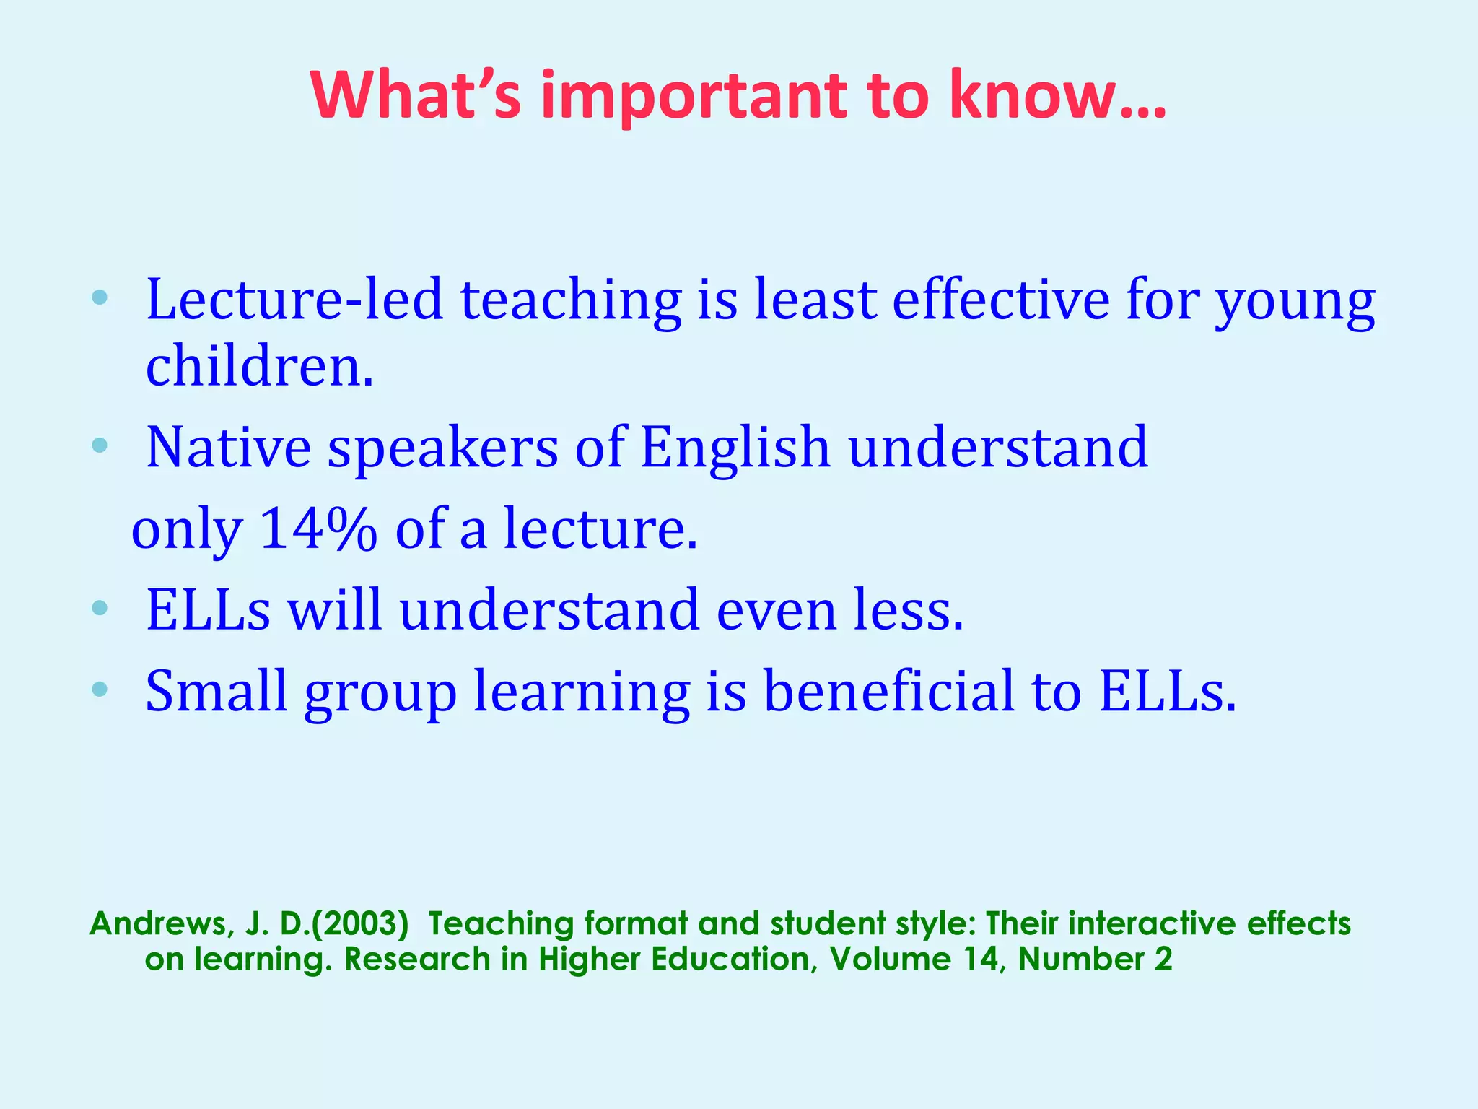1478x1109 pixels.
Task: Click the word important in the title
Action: click(693, 97)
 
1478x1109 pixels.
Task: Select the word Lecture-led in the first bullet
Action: click(294, 300)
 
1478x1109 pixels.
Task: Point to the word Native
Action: click(228, 448)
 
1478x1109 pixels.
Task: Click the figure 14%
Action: click(318, 529)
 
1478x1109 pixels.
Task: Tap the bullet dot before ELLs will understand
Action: click(100, 609)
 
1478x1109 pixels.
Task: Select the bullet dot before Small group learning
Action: click(100, 690)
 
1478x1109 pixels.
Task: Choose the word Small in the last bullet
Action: click(217, 691)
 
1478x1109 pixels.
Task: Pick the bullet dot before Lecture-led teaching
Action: click(100, 297)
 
